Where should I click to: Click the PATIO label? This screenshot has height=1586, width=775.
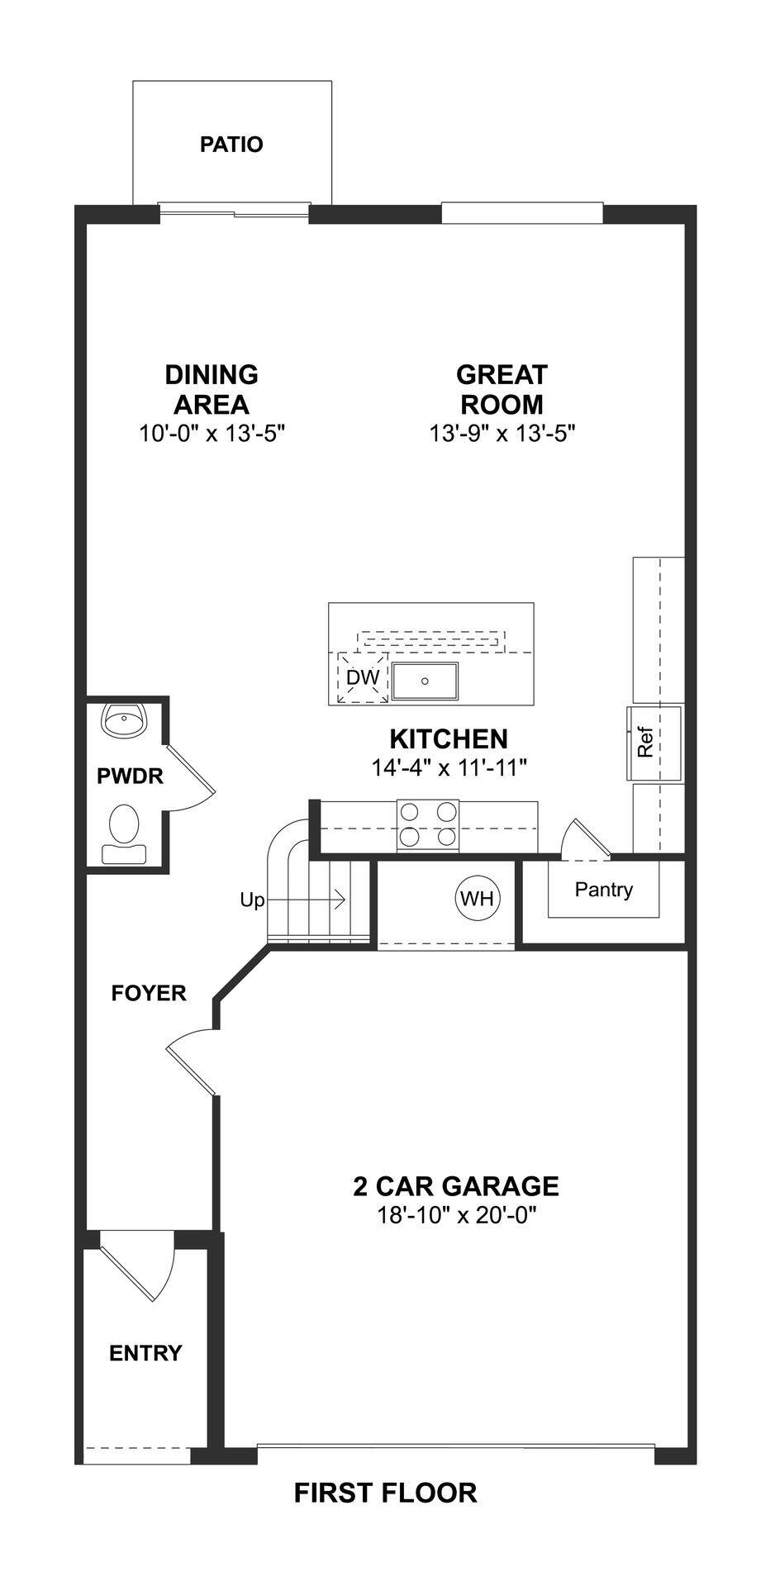point(231,145)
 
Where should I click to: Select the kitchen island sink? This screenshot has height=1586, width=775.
point(425,681)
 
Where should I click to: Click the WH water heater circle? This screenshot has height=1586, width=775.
point(477,898)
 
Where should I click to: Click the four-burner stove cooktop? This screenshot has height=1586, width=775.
point(427,824)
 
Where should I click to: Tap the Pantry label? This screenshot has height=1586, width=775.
point(603,890)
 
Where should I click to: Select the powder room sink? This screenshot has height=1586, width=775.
point(124,720)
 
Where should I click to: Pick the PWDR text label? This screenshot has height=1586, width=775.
point(130,776)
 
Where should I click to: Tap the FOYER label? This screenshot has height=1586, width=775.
point(149,993)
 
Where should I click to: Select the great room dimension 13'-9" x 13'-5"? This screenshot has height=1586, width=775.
point(502,433)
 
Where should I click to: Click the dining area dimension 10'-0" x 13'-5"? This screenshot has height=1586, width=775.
point(212,433)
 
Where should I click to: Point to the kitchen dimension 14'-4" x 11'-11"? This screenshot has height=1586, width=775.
point(449,767)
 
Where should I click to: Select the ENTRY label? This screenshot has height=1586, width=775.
point(145,1353)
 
